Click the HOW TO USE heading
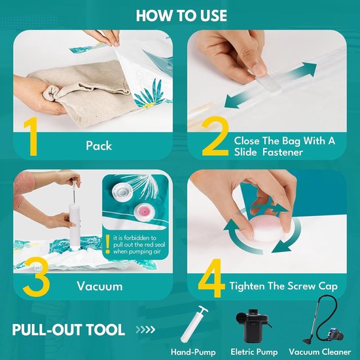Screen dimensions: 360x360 coord(181,16)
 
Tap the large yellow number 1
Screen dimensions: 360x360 coord(31,136)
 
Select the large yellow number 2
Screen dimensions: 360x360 coord(215,136)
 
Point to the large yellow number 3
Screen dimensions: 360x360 coord(36,276)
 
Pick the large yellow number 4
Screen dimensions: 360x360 coord(211,278)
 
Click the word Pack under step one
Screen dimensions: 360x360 coord(99,145)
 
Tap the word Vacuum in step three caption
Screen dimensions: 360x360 coord(99,286)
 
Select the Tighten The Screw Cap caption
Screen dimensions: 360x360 coord(283,286)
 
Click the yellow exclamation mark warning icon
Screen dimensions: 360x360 coord(107,244)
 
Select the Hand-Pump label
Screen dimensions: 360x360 coord(193,352)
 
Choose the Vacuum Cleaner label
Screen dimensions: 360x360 coord(320,351)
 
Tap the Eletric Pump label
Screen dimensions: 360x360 coord(254,351)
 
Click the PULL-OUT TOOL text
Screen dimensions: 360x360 coord(69,330)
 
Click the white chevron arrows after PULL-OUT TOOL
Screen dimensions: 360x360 coord(145,329)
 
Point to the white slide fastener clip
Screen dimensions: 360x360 coord(268,82)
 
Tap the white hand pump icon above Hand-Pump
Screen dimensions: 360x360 coord(194,324)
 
